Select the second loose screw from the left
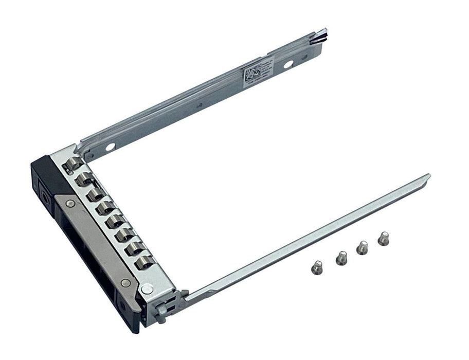click(341, 258)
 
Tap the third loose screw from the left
click(363, 247)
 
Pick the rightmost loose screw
click(383, 239)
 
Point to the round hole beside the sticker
click(288, 64)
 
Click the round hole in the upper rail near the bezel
click(110, 147)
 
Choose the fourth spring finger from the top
click(105, 208)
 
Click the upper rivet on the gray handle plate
click(70, 203)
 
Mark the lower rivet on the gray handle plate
click(125, 282)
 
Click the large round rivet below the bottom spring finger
click(148, 289)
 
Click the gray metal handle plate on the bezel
click(98, 242)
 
